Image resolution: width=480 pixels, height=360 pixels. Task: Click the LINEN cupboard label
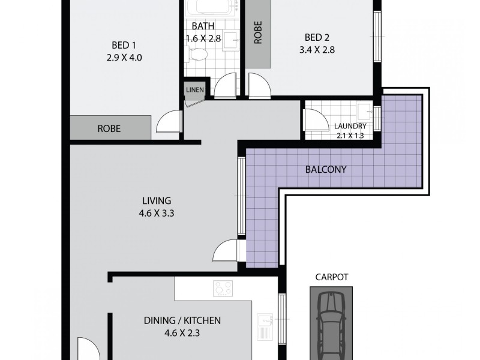click(x=195, y=91)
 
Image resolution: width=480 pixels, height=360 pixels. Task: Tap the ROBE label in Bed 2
click(x=258, y=35)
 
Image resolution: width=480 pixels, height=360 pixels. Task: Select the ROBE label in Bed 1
click(x=109, y=128)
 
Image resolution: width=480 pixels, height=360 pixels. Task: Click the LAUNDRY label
click(x=350, y=126)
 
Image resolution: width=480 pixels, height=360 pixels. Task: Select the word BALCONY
click(x=326, y=169)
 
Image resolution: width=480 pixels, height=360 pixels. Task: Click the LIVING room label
click(x=157, y=200)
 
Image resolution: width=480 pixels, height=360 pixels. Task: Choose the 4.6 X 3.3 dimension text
click(x=157, y=213)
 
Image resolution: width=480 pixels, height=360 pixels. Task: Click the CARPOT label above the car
click(x=331, y=277)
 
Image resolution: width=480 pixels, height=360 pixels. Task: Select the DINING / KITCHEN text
click(x=182, y=320)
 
